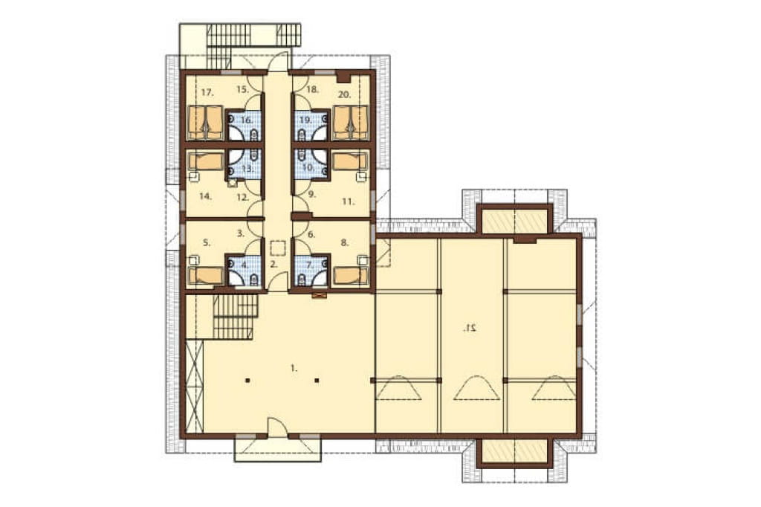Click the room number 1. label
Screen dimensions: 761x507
pyautogui.click(x=293, y=369)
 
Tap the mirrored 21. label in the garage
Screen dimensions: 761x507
pyautogui.click(x=470, y=329)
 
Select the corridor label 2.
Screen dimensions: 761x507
pyautogui.click(x=273, y=265)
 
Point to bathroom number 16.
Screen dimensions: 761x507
pyautogui.click(x=246, y=120)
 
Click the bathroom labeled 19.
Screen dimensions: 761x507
pyautogui.click(x=305, y=120)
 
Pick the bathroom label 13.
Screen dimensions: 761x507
pyautogui.click(x=247, y=169)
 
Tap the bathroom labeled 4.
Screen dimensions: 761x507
pyautogui.click(x=245, y=265)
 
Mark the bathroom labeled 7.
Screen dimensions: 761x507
pyautogui.click(x=311, y=265)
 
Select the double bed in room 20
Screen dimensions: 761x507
pyautogui.click(x=351, y=123)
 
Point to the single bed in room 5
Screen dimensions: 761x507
pyautogui.click(x=207, y=275)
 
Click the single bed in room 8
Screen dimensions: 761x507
pyautogui.click(x=351, y=275)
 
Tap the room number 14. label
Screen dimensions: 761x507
pyautogui.click(x=205, y=197)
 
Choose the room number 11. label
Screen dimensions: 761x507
pyautogui.click(x=348, y=201)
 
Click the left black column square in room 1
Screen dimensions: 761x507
pyautogui.click(x=247, y=381)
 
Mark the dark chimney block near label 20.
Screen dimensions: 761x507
pyautogui.click(x=344, y=77)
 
